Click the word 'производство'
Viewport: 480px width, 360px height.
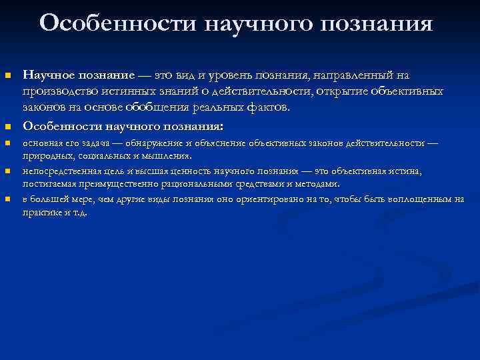pyautogui.click(x=58, y=91)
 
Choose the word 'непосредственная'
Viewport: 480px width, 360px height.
pyautogui.click(x=59, y=171)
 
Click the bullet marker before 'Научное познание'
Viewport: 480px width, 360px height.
pyautogui.click(x=8, y=77)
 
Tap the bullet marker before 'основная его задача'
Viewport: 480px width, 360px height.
pyautogui.click(x=8, y=143)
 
